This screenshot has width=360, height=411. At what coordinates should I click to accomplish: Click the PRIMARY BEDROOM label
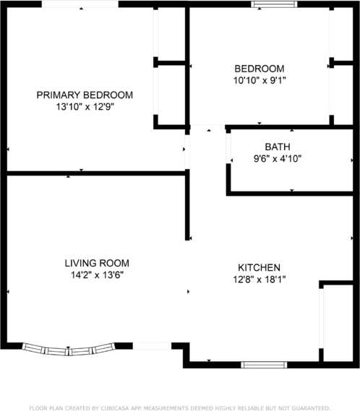85,95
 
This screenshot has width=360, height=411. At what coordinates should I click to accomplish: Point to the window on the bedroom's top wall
273,5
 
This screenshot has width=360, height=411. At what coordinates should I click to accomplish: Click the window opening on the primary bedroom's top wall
80,5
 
